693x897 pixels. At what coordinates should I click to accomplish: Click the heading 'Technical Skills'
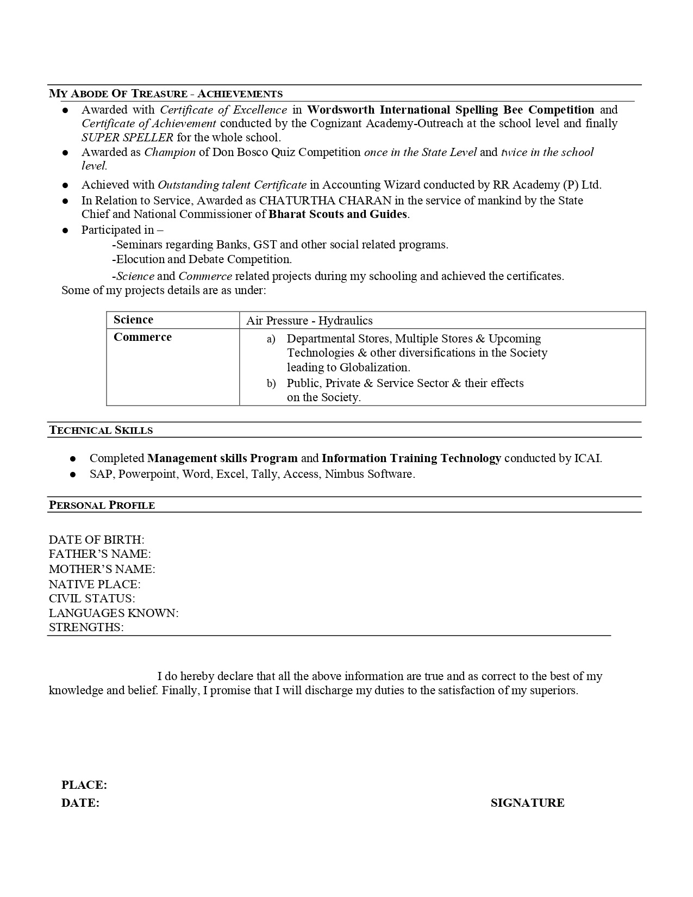[x=101, y=430]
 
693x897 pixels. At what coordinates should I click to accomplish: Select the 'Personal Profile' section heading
[x=102, y=505]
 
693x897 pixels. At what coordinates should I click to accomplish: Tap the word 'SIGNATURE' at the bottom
[x=527, y=803]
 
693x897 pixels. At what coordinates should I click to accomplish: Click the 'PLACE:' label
[x=84, y=785]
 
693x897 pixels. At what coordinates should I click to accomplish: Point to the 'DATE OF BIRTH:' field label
[x=97, y=540]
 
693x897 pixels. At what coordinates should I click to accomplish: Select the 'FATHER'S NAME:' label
[x=100, y=554]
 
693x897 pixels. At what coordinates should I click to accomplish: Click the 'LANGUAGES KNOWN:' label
[x=114, y=613]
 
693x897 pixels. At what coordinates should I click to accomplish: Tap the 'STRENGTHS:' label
[x=86, y=627]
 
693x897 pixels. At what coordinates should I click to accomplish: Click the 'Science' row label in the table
[x=133, y=320]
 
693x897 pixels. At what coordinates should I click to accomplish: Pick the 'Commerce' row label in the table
[x=142, y=337]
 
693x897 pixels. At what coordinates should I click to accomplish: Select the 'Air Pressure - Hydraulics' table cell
[x=309, y=321]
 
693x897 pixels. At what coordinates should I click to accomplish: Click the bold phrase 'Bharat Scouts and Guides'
[x=338, y=214]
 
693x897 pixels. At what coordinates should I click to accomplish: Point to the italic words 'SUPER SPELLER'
[x=128, y=138]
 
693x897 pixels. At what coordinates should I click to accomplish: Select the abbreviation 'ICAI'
[x=587, y=458]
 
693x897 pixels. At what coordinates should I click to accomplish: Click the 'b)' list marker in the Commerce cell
[x=271, y=384]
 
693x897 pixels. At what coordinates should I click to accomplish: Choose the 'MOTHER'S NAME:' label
[x=102, y=569]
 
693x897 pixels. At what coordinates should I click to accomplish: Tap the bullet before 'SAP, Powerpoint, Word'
[x=73, y=475]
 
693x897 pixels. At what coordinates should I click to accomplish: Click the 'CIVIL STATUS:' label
[x=92, y=599]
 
